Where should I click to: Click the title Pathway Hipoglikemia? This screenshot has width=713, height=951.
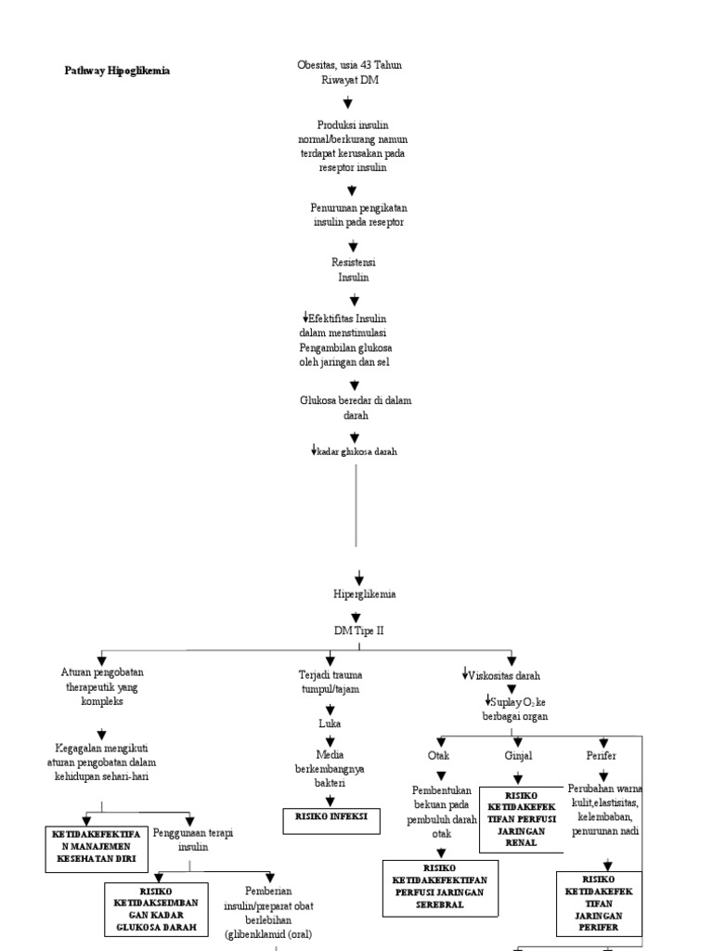point(117,71)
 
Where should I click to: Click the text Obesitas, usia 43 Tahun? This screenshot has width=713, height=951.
point(349,65)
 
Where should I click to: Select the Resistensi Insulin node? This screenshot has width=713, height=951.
point(353,270)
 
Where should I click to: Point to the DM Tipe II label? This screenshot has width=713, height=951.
point(359,630)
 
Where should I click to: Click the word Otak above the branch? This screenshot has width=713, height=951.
point(439,756)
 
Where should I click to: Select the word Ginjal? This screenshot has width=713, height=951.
point(517,756)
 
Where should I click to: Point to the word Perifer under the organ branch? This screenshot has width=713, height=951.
point(601,756)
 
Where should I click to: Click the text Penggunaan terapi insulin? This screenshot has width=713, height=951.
point(193,840)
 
